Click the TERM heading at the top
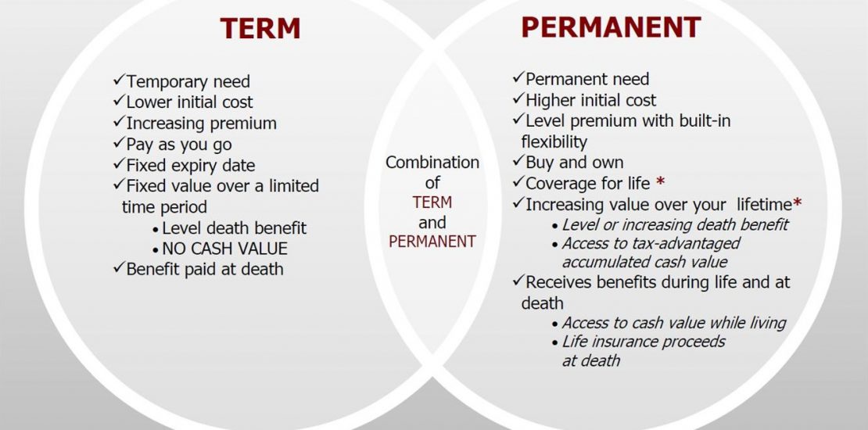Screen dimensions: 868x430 click(260, 28)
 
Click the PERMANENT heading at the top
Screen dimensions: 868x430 click(612, 27)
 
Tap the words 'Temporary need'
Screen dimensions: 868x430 click(188, 81)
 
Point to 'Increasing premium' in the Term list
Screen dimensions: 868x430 click(202, 123)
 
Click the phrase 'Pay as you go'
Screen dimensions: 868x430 click(179, 145)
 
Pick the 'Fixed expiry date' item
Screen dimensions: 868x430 click(191, 166)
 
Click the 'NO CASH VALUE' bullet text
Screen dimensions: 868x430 click(224, 249)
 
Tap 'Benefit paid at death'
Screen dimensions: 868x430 click(205, 269)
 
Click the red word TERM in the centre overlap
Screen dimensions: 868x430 click(432, 202)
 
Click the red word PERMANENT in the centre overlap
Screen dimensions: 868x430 click(432, 242)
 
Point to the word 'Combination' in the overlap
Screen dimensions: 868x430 click(432, 162)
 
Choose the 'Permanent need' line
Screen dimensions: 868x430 click(587, 79)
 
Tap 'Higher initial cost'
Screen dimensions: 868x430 click(590, 100)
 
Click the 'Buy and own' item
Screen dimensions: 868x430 click(575, 163)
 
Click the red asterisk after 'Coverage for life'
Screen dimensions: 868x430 click(660, 181)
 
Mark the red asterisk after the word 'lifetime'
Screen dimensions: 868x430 click(797, 202)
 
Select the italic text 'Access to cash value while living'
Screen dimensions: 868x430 click(674, 323)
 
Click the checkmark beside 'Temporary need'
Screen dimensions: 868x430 click(119, 81)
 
